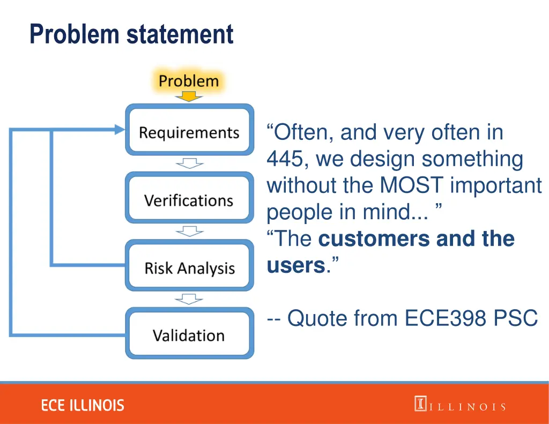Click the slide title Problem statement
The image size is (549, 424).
pos(131,34)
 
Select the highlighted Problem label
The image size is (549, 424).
pos(189,81)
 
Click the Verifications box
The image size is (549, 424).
pos(189,200)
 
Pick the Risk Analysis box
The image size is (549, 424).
pos(189,268)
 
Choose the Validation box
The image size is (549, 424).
pos(189,336)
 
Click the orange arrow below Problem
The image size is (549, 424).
pos(189,97)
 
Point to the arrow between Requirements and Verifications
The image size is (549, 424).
pos(189,163)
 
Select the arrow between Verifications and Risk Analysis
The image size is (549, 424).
pos(189,231)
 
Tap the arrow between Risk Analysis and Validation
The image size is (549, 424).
pos(189,299)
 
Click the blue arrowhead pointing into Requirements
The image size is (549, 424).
pos(118,129)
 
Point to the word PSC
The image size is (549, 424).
pos(515,318)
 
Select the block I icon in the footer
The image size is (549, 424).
pos(420,404)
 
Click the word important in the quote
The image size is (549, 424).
pos(496,186)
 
